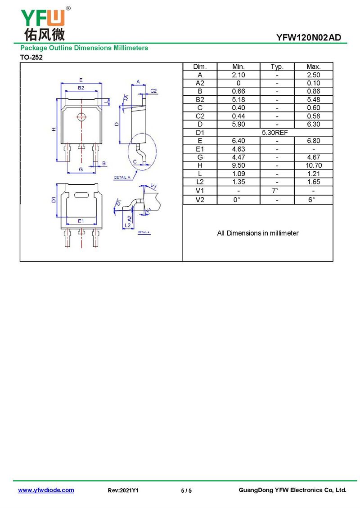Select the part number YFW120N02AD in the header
click(x=308, y=38)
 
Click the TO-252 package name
click(x=31, y=58)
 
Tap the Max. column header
click(x=313, y=67)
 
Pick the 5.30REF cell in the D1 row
click(x=274, y=133)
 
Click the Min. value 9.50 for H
click(x=238, y=165)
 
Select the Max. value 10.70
click(x=313, y=165)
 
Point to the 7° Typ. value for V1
click(x=275, y=191)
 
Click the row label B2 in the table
click(x=200, y=100)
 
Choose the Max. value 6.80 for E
click(x=313, y=141)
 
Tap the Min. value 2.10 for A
click(x=238, y=75)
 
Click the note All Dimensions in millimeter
click(x=258, y=233)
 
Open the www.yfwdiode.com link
click(x=46, y=490)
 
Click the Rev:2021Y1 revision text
click(x=123, y=490)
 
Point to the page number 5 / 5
click(x=186, y=491)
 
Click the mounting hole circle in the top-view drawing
click(x=81, y=116)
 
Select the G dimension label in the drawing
click(x=81, y=169)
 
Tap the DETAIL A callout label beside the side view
click(x=122, y=178)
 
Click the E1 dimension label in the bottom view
click(x=81, y=221)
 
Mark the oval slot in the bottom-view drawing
click(x=81, y=195)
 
